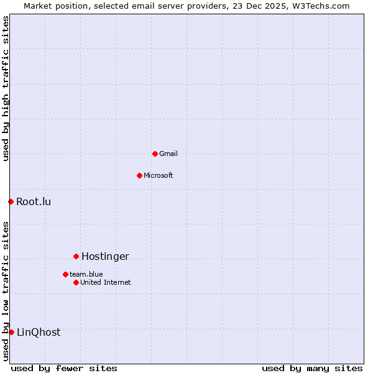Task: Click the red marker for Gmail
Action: [x=155, y=154]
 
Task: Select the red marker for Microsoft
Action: [x=139, y=175]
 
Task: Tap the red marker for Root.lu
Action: [x=11, y=201]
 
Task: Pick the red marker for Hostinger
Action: [x=76, y=256]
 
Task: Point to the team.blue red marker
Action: [x=65, y=274]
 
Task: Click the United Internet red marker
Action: [x=76, y=282]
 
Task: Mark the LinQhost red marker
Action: [x=11, y=332]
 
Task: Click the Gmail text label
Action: [x=168, y=154]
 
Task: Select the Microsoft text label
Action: [x=159, y=175]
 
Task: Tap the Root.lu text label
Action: [x=34, y=201]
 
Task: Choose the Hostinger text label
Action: [x=105, y=256]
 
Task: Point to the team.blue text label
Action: [x=86, y=274]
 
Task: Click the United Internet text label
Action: [x=106, y=282]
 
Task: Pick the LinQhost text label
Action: [x=39, y=332]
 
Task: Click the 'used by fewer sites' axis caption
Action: [x=64, y=368]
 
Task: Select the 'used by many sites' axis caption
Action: [x=312, y=368]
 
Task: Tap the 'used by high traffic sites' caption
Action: [x=6, y=88]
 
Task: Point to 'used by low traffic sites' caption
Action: [x=6, y=291]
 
